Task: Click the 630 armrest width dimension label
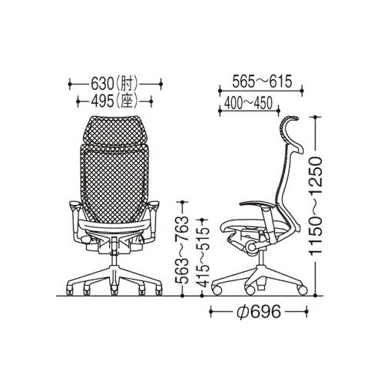pos(115,84)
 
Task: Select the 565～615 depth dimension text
pos(262,81)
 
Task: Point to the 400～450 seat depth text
pos(248,103)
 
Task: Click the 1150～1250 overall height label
pos(315,207)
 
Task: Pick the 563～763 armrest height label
pos(183,250)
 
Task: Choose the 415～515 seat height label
pos(203,257)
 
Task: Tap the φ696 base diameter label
pos(259,312)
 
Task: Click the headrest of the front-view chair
pos(114,131)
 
